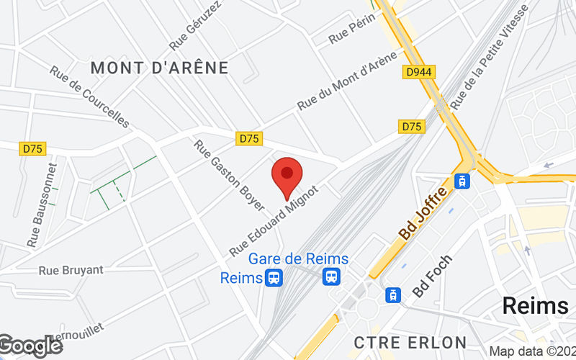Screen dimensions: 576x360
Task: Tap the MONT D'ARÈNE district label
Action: click(160, 68)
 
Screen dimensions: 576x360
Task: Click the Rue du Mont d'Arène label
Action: click(347, 81)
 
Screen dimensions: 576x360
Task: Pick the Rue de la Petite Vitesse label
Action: click(490, 57)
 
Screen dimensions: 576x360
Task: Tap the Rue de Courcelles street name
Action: click(89, 97)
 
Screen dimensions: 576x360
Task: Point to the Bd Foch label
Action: click(432, 276)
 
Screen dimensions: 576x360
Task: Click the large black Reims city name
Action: click(535, 305)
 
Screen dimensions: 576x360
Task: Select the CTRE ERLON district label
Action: click(410, 342)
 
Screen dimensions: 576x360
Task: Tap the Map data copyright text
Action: click(531, 352)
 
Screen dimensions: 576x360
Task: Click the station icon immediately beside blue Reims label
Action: click(274, 277)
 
